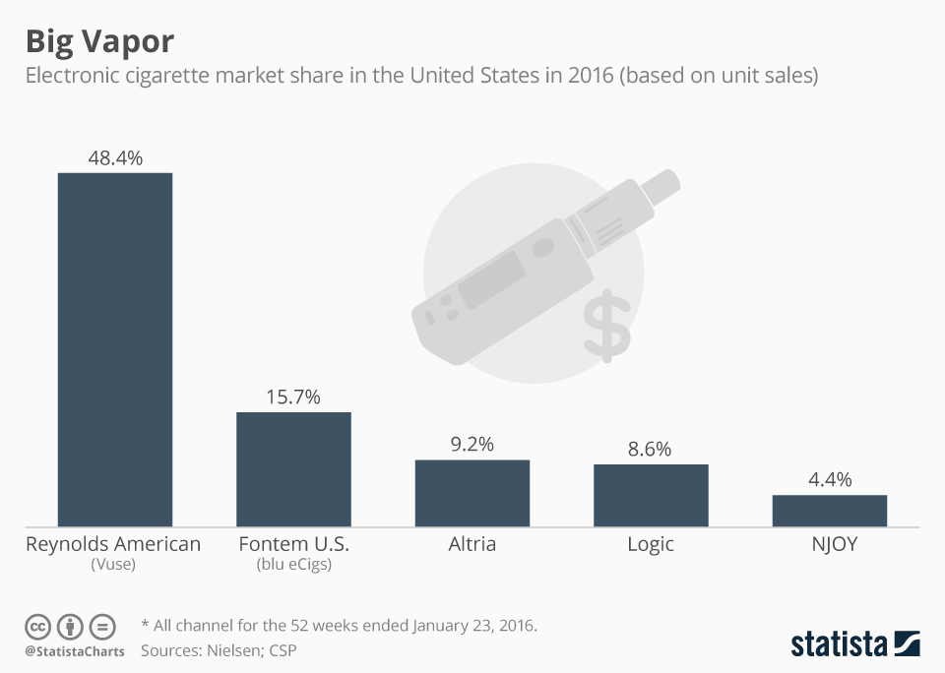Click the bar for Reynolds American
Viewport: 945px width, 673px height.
[115, 349]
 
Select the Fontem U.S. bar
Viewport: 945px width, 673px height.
[293, 469]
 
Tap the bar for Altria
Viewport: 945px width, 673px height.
[472, 493]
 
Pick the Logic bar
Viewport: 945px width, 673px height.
[651, 496]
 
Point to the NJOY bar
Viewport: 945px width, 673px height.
[829, 511]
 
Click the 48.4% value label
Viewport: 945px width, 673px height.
[115, 157]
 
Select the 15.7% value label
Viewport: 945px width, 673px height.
[293, 398]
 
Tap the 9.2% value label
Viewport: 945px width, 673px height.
[472, 445]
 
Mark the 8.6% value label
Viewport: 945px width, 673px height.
[651, 450]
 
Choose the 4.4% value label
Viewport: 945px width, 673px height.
[829, 480]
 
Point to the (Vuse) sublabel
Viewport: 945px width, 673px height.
[113, 565]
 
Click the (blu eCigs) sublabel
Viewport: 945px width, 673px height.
[293, 565]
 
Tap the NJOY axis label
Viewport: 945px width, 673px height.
[829, 544]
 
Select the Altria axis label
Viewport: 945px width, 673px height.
[472, 544]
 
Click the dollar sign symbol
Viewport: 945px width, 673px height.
[605, 325]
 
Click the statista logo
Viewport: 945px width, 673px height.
[854, 644]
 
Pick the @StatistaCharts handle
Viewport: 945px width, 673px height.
[75, 651]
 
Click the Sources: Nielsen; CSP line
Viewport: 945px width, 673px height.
[219, 650]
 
